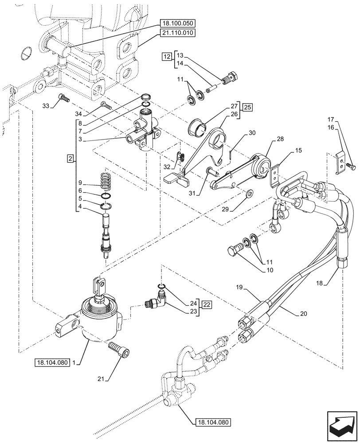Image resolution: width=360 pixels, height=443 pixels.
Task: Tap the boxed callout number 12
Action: coord(166,56)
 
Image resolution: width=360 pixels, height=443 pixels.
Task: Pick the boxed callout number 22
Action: coord(207,304)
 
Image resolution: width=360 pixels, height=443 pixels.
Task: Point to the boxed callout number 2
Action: coord(70,157)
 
